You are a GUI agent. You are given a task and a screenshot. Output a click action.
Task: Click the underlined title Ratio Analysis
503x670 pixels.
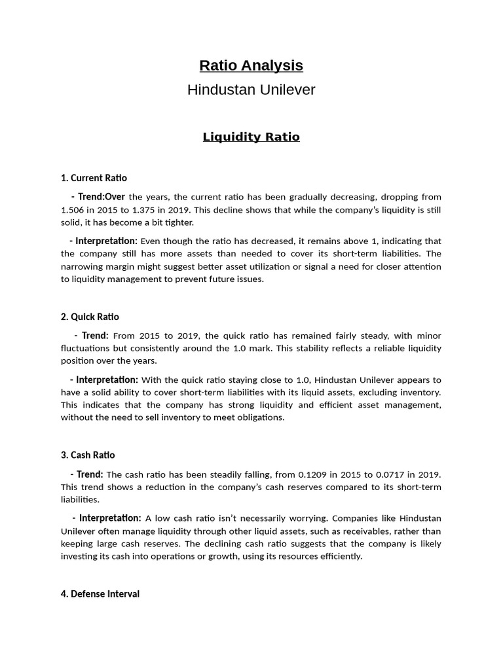(x=251, y=65)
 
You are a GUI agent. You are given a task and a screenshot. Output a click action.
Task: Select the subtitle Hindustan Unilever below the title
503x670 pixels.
(x=251, y=90)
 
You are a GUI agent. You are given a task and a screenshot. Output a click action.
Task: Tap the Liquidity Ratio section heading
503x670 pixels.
(x=251, y=137)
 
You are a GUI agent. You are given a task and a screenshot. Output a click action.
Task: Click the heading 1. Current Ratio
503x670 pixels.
(x=94, y=178)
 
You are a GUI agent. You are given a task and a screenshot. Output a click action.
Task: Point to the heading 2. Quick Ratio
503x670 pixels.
(x=90, y=317)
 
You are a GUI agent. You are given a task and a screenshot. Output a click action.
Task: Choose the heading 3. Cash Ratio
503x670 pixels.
(x=88, y=455)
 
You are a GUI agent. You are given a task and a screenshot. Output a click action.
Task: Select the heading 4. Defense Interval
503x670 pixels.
(x=100, y=594)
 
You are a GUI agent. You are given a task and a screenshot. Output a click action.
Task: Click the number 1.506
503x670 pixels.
(x=73, y=210)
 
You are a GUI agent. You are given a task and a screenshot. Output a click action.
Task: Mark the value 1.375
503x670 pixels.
(x=143, y=210)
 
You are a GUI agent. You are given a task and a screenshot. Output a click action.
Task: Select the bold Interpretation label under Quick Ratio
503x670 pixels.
(x=107, y=379)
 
